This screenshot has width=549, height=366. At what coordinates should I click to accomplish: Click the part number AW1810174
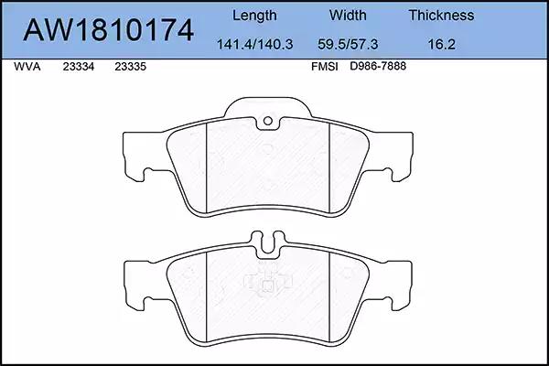pyautogui.click(x=108, y=30)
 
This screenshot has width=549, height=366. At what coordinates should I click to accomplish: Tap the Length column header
pyautogui.click(x=254, y=16)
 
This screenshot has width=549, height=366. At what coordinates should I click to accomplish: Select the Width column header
pyautogui.click(x=348, y=15)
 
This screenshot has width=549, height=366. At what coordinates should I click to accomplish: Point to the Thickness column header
pyautogui.click(x=442, y=15)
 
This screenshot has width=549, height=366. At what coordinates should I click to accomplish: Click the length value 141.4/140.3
pyautogui.click(x=255, y=44)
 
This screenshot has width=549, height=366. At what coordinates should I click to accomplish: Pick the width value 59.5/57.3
pyautogui.click(x=348, y=44)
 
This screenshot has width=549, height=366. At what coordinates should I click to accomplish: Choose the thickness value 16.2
pyautogui.click(x=442, y=44)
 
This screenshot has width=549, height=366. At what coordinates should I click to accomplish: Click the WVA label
pyautogui.click(x=27, y=67)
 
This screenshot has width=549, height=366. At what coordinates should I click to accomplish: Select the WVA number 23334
pyautogui.click(x=79, y=67)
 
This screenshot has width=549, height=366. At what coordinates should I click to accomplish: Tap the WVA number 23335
pyautogui.click(x=130, y=67)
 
